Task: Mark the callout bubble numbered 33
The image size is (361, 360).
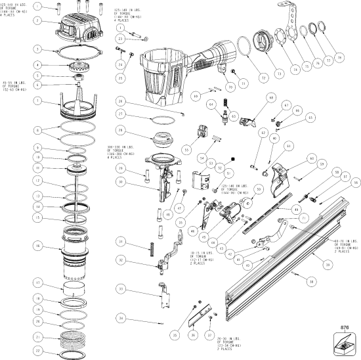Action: (x=121, y=288)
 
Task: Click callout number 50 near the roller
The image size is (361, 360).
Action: (x=259, y=190)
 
